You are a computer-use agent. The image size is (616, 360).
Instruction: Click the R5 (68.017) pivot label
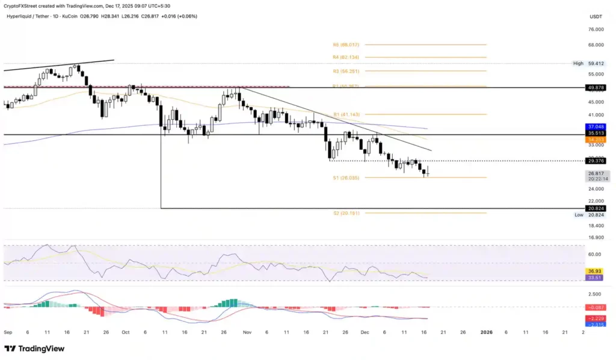[346, 45]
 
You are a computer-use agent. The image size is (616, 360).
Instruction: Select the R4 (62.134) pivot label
[346, 57]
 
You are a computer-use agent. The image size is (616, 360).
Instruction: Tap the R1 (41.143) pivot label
[346, 114]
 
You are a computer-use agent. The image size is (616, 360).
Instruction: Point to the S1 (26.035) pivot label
[346, 178]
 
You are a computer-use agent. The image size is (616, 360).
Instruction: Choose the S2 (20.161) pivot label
[346, 213]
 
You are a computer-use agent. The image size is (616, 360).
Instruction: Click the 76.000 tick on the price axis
[596, 29]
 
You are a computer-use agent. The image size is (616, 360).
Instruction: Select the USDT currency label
[596, 16]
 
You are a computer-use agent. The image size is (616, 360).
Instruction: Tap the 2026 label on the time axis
[487, 332]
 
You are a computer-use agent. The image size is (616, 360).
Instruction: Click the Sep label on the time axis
[8, 332]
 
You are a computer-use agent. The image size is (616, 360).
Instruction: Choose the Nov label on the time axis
[247, 332]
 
